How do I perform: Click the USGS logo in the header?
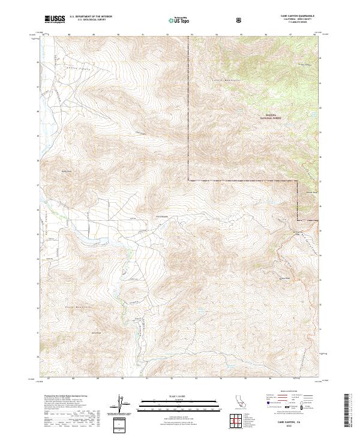click(54, 20)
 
